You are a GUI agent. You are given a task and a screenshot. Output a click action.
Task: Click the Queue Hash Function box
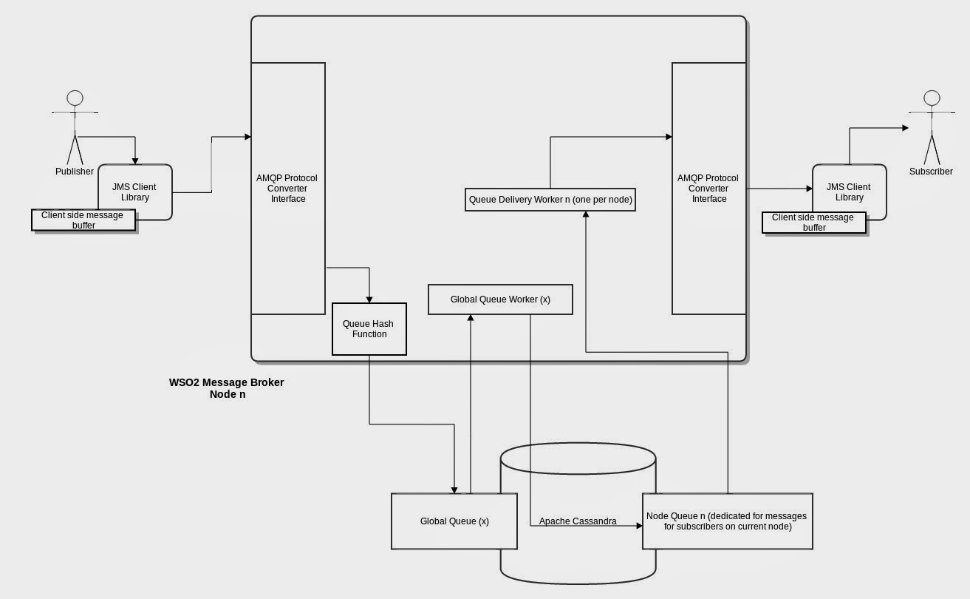(x=369, y=329)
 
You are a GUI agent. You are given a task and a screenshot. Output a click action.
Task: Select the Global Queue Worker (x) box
(x=500, y=299)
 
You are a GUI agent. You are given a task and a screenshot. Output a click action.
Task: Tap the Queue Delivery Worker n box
(x=550, y=200)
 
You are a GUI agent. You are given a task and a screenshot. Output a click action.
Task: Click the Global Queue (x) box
(x=454, y=521)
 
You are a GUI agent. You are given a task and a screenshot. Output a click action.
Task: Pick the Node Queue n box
(x=727, y=521)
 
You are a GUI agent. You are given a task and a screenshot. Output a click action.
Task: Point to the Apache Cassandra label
(x=578, y=521)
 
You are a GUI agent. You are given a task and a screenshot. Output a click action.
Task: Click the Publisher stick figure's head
(x=75, y=98)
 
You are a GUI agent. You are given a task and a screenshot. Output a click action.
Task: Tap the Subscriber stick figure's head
(x=932, y=98)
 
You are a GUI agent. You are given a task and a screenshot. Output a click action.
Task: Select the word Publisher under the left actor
(x=75, y=172)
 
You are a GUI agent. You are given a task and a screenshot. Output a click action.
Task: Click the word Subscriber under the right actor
(x=931, y=172)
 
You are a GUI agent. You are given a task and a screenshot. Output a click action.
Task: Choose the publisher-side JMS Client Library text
(x=134, y=192)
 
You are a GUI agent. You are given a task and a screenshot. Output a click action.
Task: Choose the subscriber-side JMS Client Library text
(x=849, y=192)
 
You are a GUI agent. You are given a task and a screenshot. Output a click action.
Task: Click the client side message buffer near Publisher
(x=83, y=220)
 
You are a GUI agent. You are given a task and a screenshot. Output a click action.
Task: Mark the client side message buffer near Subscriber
(x=813, y=223)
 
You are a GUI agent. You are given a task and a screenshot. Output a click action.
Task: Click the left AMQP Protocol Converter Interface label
(x=287, y=189)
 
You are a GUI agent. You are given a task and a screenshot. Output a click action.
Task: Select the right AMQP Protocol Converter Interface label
(x=708, y=189)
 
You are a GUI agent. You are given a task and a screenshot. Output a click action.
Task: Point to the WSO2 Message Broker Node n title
(x=226, y=388)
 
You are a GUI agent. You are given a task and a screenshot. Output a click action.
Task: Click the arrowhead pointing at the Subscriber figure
(x=905, y=128)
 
